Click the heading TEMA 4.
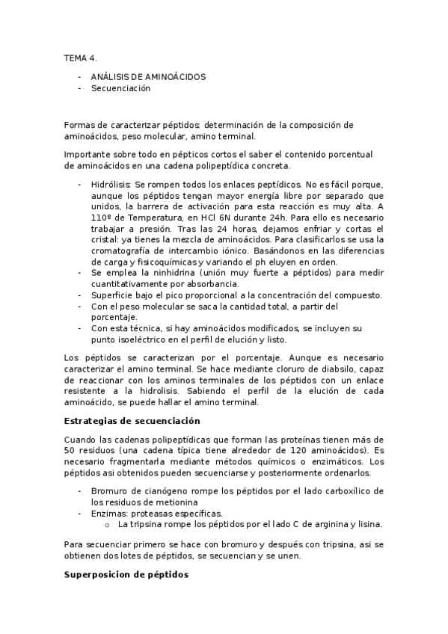click(80, 57)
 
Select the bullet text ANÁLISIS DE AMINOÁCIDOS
click(148, 76)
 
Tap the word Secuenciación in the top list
click(120, 88)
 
